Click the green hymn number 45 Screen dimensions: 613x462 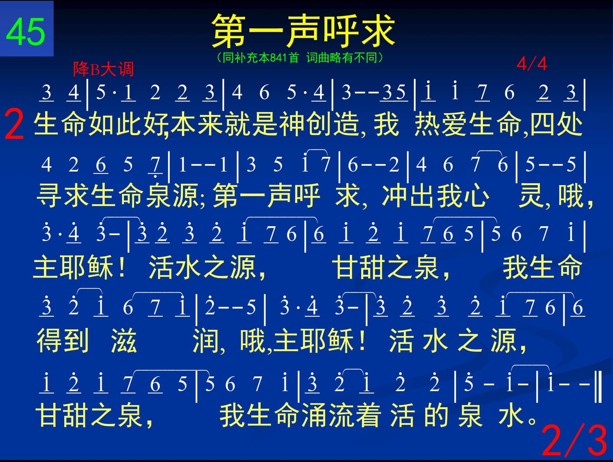[25, 31]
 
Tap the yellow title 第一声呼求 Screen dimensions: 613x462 [303, 31]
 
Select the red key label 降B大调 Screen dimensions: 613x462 [103, 69]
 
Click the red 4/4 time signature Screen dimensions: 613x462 [532, 64]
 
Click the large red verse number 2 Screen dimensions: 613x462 [14, 124]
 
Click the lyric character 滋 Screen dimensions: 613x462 [124, 340]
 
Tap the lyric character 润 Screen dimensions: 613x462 [206, 340]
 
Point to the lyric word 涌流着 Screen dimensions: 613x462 [341, 415]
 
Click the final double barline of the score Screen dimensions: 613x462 [598, 387]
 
